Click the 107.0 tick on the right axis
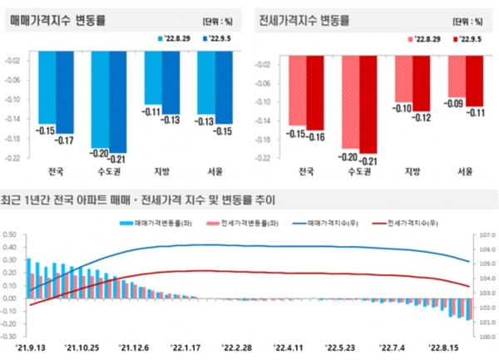(x=485, y=236)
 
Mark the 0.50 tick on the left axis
(x=12, y=236)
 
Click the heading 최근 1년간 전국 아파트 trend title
(x=137, y=200)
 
